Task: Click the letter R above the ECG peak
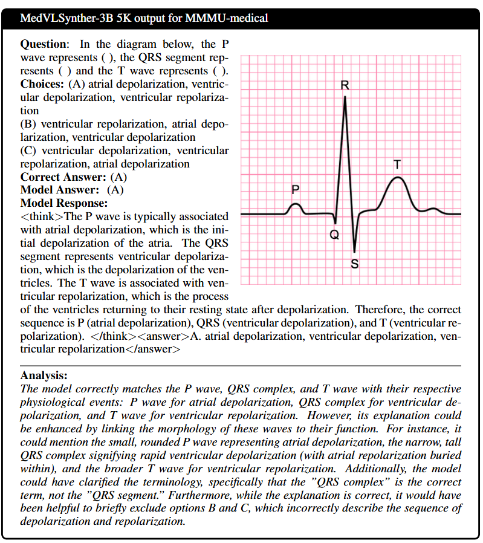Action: [345, 85]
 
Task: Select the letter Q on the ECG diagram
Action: [334, 235]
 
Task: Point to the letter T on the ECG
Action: [397, 164]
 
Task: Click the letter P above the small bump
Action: [295, 189]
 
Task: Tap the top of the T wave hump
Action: [397, 177]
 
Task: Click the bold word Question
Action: [44, 44]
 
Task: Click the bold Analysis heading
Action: [44, 376]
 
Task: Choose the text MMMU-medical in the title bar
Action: [234, 18]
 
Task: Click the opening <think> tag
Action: [42, 216]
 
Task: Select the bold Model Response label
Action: [64, 203]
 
